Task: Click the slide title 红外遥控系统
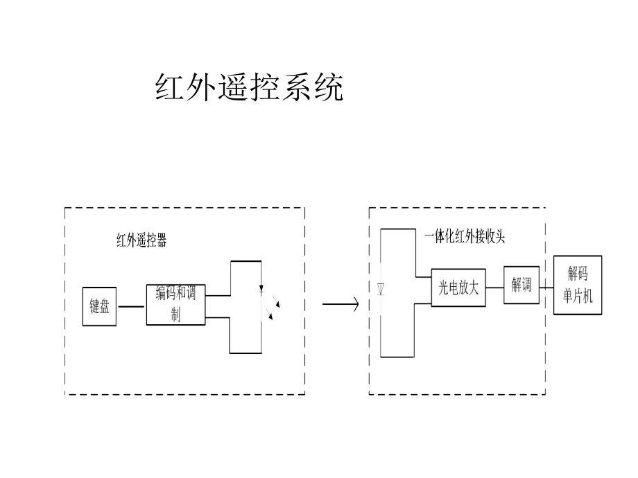coord(249,88)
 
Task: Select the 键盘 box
coord(100,306)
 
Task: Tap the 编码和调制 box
coord(175,304)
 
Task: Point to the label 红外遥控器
coord(141,241)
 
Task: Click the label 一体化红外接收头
coord(465,237)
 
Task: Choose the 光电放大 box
coord(458,287)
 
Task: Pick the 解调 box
coord(521,285)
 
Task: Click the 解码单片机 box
coord(577,285)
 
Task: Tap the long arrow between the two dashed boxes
coord(340,303)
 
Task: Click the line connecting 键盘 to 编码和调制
coord(131,306)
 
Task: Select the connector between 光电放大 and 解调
coord(494,287)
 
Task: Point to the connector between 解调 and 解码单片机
coord(546,285)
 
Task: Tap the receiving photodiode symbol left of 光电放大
coord(381,289)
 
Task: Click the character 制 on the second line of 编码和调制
coord(175,316)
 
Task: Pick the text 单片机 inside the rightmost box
coord(577,297)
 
